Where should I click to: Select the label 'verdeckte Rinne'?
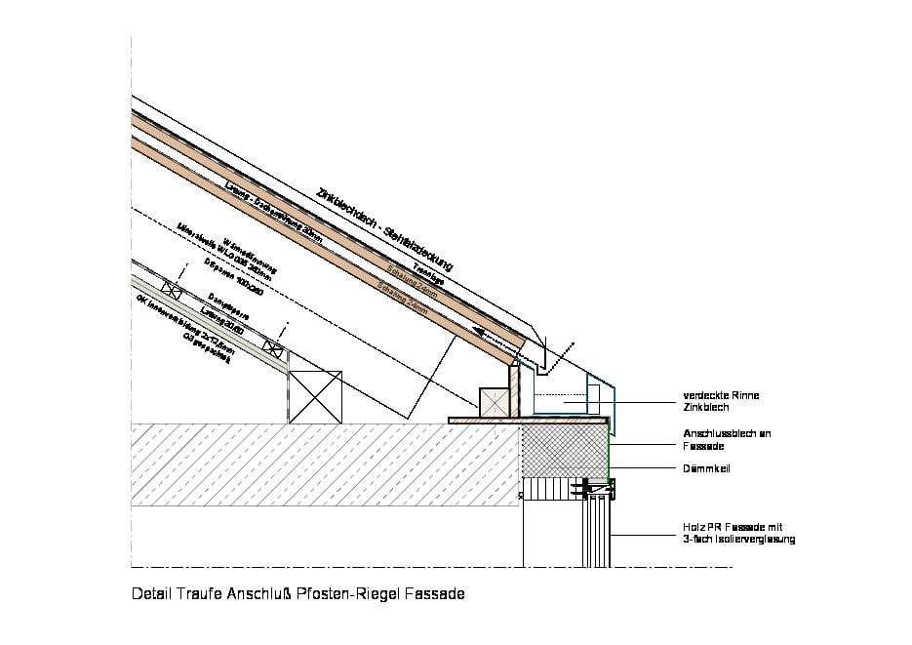720,395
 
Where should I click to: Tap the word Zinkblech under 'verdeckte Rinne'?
705,407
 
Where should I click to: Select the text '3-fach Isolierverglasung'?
738,539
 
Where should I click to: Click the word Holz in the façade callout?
694,527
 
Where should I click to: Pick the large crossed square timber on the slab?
317,396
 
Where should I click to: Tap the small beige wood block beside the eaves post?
495,402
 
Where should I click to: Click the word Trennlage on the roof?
428,275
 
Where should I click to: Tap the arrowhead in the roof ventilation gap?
481,331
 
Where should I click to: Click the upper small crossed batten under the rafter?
174,289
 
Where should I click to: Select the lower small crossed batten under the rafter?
274,346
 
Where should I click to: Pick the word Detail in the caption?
149,593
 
